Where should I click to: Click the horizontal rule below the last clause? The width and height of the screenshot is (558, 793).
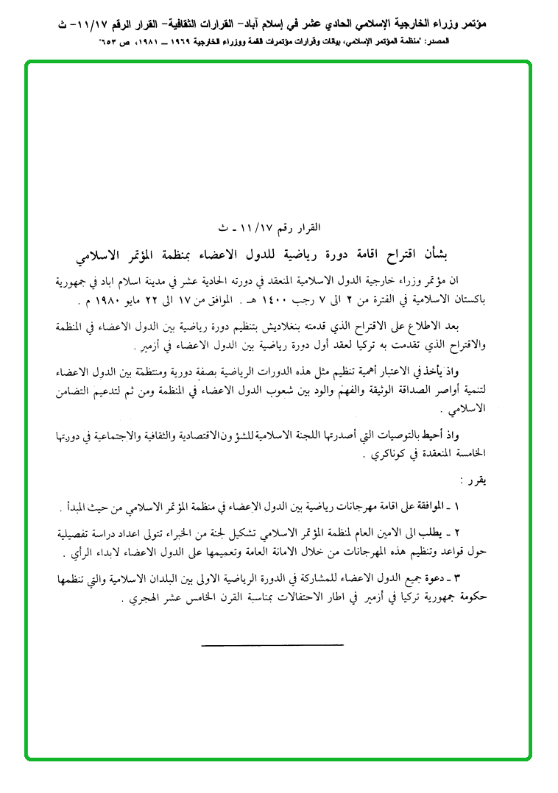(272, 645)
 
